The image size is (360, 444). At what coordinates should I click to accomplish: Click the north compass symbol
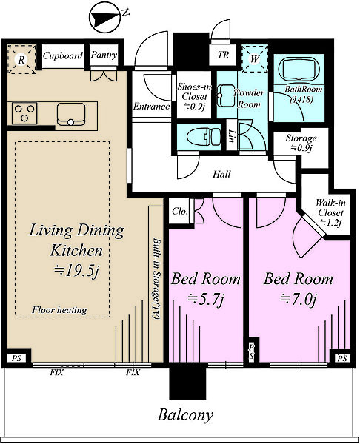(x=104, y=18)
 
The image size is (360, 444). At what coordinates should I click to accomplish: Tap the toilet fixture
(x=204, y=137)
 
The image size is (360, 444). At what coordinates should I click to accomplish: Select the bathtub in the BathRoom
(x=299, y=70)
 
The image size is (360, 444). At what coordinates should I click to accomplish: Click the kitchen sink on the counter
(x=71, y=114)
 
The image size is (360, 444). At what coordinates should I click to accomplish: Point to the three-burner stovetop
(x=24, y=113)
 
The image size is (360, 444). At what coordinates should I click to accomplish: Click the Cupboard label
(x=63, y=55)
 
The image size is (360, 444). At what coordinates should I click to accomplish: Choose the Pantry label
(x=104, y=55)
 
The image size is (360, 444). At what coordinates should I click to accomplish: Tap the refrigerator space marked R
(x=21, y=59)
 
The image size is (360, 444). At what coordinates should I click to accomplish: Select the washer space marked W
(x=255, y=59)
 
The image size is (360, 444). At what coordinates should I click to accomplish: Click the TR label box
(x=223, y=55)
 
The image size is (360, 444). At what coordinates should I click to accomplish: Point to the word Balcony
(x=185, y=415)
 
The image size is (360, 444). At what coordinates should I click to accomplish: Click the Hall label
(x=221, y=174)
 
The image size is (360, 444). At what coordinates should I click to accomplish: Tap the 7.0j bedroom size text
(x=299, y=299)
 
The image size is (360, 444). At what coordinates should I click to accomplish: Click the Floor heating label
(x=59, y=310)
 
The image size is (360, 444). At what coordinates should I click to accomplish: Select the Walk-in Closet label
(x=330, y=212)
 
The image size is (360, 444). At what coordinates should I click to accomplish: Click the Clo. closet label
(x=180, y=212)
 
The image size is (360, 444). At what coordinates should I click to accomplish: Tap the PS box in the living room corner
(x=17, y=358)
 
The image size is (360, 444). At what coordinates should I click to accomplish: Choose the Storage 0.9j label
(x=301, y=143)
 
